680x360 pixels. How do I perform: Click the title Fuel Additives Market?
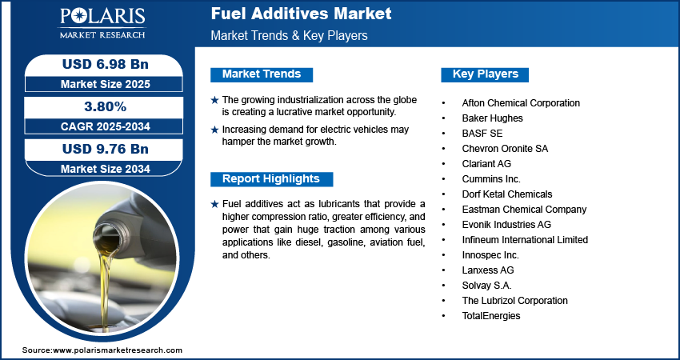click(x=301, y=14)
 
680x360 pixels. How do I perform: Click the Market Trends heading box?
click(x=262, y=74)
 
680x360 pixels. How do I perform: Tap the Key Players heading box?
click(x=485, y=74)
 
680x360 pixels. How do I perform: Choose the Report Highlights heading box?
click(x=270, y=178)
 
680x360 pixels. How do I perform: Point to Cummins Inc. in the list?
click(x=491, y=179)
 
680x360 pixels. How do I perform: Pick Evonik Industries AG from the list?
click(x=506, y=225)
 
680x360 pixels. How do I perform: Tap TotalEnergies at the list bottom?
click(x=491, y=316)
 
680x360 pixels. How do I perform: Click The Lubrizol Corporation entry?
click(x=514, y=301)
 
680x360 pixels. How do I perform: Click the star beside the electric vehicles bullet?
click(x=214, y=130)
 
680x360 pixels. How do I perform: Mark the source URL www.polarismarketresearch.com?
click(x=118, y=350)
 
